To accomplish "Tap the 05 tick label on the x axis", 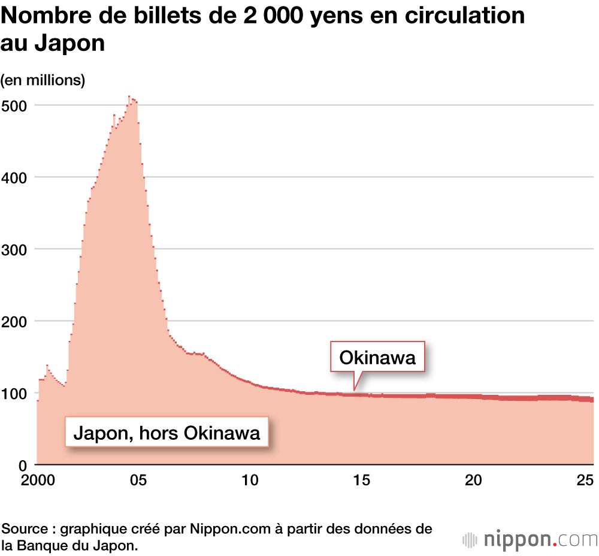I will pos(138,481).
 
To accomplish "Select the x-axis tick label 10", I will pos(250,481).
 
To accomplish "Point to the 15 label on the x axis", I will pos(361,481).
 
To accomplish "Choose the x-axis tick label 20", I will pos(473,481).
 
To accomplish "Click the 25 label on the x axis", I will pos(585,481).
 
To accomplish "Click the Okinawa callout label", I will pos(377,358).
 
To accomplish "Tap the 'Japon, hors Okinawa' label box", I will pos(167,433).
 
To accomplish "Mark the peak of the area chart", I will pos(129,96).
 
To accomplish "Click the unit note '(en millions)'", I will pos(43,80).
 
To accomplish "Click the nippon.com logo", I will pos(530,539).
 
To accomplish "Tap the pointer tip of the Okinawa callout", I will pos(354,390).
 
